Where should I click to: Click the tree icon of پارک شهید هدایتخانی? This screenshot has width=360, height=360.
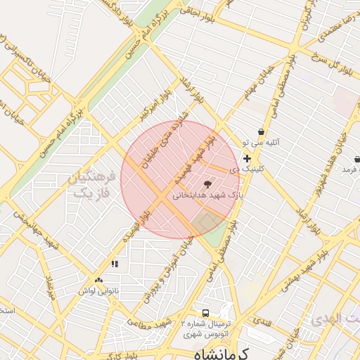pyautogui.click(x=205, y=184)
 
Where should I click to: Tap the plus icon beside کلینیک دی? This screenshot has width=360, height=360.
pyautogui.click(x=247, y=159)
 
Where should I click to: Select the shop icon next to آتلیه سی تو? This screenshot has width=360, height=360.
pyautogui.click(x=261, y=131)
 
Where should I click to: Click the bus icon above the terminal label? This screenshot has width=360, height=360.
pyautogui.click(x=205, y=312)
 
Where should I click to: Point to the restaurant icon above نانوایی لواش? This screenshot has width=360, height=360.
pyautogui.click(x=114, y=264)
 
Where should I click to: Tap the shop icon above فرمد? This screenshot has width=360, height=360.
pyautogui.click(x=356, y=159)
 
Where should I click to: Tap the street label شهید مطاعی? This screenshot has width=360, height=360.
pyautogui.click(x=149, y=323)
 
